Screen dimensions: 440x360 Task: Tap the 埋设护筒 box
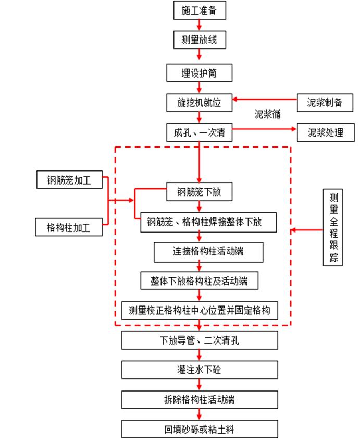pos(200,73)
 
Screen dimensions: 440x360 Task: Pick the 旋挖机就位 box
pos(200,102)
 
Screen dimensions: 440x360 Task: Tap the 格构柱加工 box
pos(69,227)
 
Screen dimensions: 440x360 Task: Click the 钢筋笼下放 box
pos(200,192)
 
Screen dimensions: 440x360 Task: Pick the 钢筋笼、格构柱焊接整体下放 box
pos(208,222)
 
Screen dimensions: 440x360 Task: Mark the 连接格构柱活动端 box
pos(208,252)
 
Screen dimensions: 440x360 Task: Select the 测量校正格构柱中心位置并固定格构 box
pos(200,310)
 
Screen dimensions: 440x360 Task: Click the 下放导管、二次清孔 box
pos(200,340)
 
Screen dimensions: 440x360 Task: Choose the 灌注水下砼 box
pos(200,370)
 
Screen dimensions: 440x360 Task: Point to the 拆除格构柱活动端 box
pos(200,400)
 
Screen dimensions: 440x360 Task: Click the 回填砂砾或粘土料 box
pos(200,430)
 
